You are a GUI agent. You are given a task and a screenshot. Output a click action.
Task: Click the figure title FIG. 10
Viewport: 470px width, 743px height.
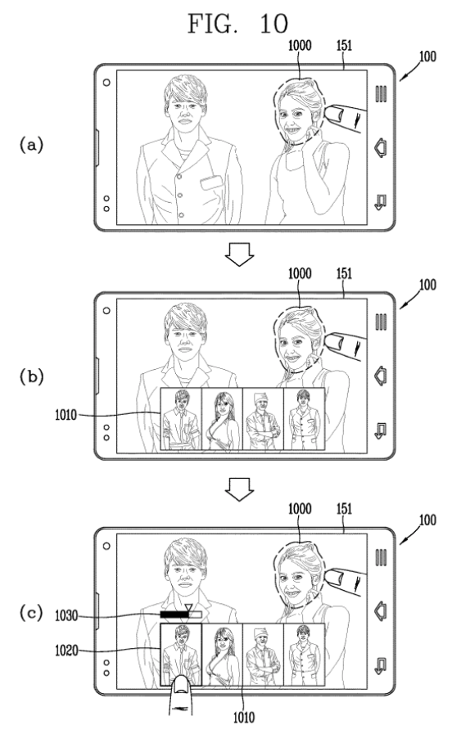click(x=237, y=23)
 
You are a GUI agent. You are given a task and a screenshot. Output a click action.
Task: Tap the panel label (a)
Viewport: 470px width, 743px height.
click(x=31, y=144)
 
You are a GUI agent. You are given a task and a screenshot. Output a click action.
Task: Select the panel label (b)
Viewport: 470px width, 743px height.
click(x=31, y=376)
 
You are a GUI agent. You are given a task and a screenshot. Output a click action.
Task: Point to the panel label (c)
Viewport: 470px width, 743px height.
click(x=31, y=612)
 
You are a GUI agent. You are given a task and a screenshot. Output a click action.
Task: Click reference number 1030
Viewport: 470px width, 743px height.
click(x=66, y=615)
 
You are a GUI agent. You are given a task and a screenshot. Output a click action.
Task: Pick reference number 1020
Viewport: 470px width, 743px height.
click(x=66, y=650)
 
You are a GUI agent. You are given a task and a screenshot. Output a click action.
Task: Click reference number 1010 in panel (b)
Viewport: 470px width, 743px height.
click(x=66, y=415)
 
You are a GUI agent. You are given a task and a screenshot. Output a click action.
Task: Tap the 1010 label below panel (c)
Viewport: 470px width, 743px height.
click(x=244, y=718)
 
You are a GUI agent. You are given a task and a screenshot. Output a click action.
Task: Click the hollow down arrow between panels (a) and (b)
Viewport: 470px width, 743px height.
click(x=239, y=254)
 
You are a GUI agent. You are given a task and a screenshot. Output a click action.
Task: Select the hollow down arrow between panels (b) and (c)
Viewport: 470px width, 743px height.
click(x=239, y=489)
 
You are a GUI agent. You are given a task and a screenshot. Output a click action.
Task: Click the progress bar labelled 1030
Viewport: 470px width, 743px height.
click(x=181, y=615)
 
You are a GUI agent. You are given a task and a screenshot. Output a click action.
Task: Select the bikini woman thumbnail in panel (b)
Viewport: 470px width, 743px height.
click(x=222, y=419)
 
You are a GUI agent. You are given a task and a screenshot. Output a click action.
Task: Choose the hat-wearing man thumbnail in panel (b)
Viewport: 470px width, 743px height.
click(x=263, y=419)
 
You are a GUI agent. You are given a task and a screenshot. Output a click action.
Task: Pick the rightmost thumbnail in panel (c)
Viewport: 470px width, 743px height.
click(x=304, y=655)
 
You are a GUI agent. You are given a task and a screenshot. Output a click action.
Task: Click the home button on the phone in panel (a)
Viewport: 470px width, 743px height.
click(x=381, y=147)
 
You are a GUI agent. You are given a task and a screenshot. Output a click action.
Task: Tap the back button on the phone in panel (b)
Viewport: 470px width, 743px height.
click(x=381, y=430)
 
